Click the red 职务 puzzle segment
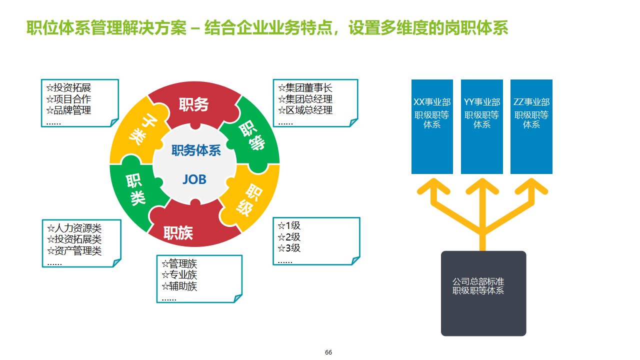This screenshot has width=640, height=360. [193, 104]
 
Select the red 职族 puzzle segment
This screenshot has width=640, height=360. [178, 232]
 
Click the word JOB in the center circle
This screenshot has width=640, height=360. [194, 179]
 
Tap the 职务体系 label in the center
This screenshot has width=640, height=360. [196, 150]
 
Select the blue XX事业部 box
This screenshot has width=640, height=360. [432, 126]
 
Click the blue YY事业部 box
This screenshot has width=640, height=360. [481, 126]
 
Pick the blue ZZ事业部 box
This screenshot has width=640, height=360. [531, 126]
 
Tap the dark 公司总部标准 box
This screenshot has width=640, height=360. [483, 293]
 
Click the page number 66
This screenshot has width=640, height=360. [328, 352]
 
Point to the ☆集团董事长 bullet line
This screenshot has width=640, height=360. [305, 88]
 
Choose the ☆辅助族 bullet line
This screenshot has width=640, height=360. [179, 286]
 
